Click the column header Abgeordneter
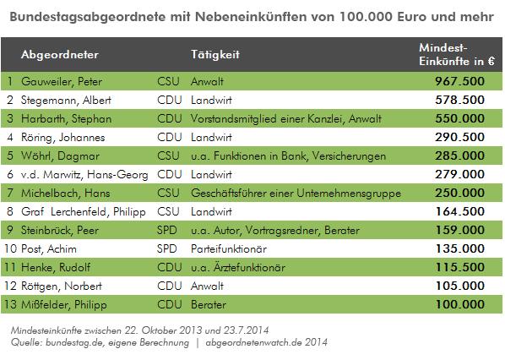[61, 54]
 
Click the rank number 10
[10, 248]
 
